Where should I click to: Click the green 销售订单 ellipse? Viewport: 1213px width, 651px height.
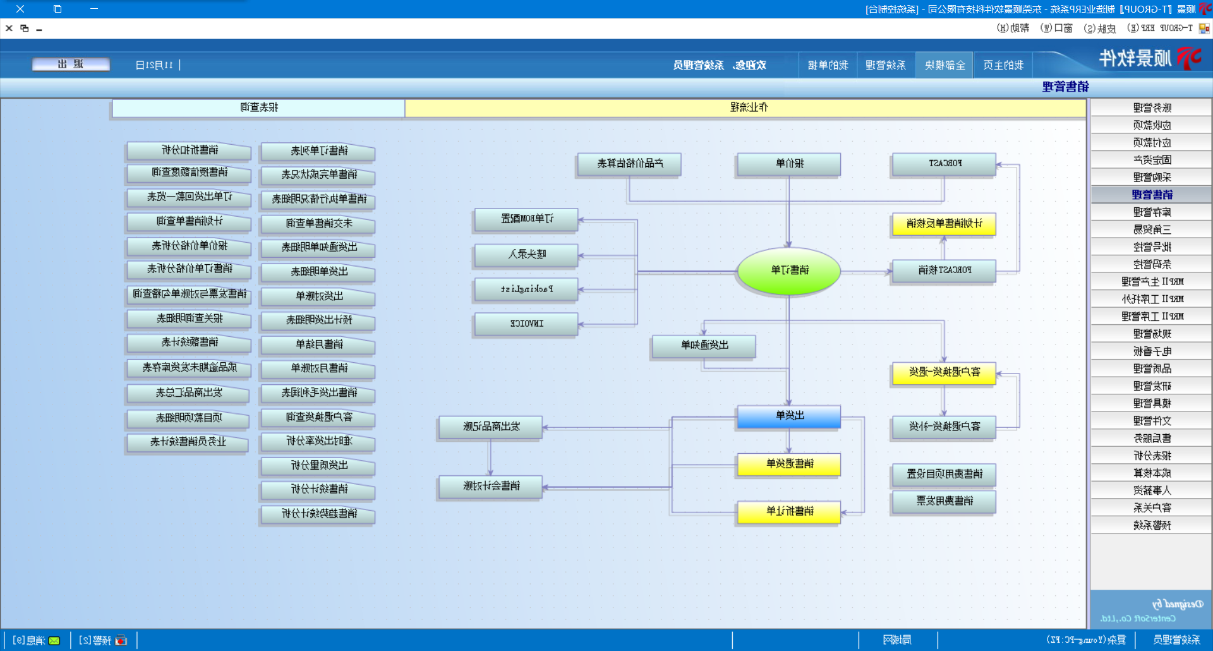(x=789, y=271)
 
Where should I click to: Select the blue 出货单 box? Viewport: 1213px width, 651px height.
(x=789, y=416)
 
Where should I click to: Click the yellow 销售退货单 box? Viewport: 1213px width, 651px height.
(x=789, y=464)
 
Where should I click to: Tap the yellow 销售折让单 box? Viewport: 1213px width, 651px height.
(x=789, y=511)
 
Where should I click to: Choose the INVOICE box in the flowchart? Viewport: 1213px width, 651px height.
(x=526, y=324)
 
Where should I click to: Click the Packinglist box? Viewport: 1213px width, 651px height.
(x=526, y=289)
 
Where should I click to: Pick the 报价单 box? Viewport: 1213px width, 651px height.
(x=789, y=164)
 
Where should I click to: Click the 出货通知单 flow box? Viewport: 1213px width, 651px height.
(x=704, y=345)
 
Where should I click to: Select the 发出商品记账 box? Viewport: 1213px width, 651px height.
(x=491, y=427)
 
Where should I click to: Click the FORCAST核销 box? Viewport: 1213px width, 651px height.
(x=944, y=271)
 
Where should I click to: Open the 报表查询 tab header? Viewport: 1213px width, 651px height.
(x=259, y=108)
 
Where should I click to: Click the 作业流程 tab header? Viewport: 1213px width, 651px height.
(x=748, y=108)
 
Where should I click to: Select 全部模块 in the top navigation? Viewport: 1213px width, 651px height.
(x=944, y=65)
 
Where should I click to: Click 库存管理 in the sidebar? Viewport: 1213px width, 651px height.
(x=1151, y=212)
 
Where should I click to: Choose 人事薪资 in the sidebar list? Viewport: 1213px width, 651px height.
(x=1151, y=490)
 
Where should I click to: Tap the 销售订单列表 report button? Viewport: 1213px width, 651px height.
(x=318, y=151)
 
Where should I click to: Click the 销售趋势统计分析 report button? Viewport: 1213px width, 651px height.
(x=318, y=514)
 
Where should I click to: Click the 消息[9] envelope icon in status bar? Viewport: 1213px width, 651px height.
(x=54, y=641)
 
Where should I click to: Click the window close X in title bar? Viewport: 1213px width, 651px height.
(x=20, y=9)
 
